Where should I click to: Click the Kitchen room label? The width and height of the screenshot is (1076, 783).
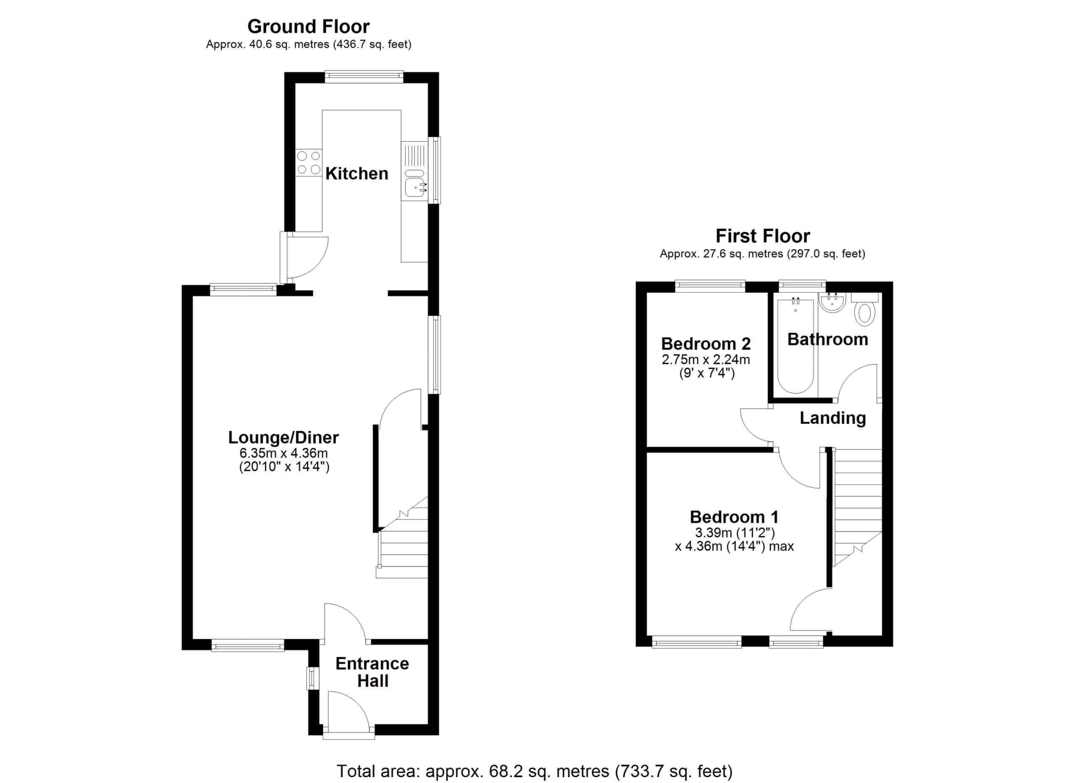(357, 174)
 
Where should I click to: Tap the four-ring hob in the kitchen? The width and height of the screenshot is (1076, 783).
(309, 162)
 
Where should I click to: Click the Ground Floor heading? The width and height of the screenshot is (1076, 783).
(309, 26)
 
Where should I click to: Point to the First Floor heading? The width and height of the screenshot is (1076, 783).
(762, 236)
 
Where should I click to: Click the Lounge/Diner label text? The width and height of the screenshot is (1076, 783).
(283, 437)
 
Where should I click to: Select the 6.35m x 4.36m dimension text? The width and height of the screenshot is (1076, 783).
(283, 453)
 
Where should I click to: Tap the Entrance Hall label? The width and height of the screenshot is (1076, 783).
(372, 672)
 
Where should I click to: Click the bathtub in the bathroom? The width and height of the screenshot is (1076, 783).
(796, 346)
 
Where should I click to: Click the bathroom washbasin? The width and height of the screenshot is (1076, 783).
(832, 302)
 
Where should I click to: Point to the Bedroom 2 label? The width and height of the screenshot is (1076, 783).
(706, 343)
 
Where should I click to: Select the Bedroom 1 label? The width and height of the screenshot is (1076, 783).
(734, 517)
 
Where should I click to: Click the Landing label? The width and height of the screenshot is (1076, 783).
(833, 418)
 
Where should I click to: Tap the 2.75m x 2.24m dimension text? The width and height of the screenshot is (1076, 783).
(706, 359)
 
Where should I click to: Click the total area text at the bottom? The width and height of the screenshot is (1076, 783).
(535, 771)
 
